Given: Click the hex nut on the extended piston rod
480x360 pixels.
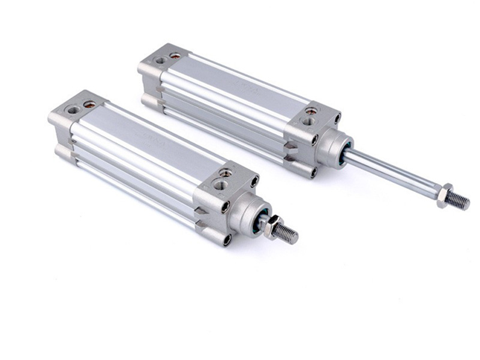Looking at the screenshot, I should [445, 196].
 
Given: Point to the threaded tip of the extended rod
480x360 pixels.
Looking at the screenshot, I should [460, 201].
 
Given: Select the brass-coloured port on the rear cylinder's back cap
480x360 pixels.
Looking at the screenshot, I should [175, 55].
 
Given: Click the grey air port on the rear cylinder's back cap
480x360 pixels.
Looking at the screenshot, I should [160, 60].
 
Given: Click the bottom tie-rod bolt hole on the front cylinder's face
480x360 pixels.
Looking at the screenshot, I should [227, 239].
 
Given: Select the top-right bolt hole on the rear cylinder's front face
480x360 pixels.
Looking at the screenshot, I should [337, 118].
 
